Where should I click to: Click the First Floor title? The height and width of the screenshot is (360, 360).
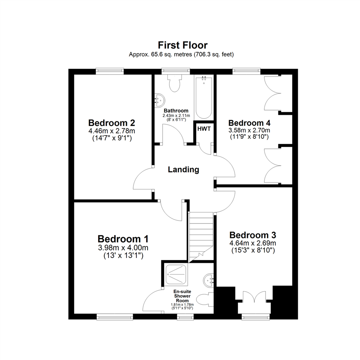click(x=182, y=45)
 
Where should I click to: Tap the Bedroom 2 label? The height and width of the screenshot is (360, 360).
click(x=111, y=122)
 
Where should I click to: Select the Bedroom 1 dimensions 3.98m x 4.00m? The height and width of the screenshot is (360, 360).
click(x=123, y=248)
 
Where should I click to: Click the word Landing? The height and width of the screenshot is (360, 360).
click(x=183, y=170)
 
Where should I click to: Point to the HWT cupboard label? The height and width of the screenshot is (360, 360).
click(x=204, y=129)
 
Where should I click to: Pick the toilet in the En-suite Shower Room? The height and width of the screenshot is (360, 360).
click(x=205, y=300)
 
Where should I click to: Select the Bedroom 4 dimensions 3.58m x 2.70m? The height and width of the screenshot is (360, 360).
click(x=249, y=130)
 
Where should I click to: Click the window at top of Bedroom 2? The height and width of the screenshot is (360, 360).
click(x=109, y=70)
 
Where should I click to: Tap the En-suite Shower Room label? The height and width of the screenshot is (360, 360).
click(x=182, y=296)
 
